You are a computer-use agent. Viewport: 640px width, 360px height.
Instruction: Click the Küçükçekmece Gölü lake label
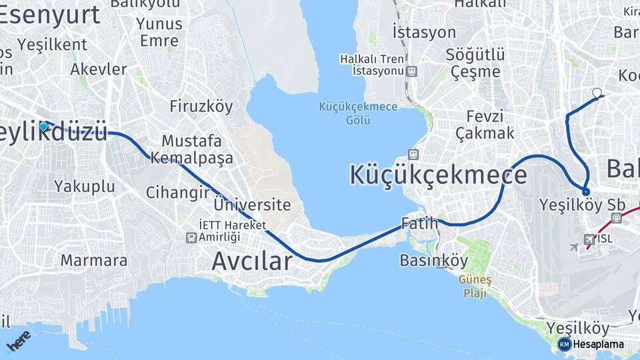(358, 113)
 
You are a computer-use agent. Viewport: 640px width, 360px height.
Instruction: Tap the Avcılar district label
(252, 261)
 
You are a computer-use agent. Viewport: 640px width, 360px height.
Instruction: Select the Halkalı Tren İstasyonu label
(372, 65)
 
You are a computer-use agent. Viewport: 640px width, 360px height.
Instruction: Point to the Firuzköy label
(201, 106)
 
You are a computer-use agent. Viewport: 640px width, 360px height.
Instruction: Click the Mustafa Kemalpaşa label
(192, 150)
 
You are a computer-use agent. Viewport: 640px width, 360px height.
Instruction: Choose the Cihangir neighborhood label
(178, 193)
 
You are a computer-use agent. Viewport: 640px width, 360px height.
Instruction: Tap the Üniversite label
(253, 205)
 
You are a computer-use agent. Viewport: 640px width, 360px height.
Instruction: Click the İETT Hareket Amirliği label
(233, 231)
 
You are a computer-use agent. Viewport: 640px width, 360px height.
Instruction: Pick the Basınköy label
(434, 260)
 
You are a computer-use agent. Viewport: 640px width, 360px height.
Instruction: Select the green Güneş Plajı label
(474, 287)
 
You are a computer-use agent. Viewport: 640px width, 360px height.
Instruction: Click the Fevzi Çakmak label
(485, 124)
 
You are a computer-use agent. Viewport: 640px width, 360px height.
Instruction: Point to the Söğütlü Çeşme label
(475, 62)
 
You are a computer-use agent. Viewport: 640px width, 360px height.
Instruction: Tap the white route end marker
(597, 93)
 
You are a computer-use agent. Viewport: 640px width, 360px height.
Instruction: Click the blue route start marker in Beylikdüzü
(44, 126)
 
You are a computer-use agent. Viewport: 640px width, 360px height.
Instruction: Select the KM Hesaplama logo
(591, 344)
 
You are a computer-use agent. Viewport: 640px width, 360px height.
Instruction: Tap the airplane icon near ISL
(574, 247)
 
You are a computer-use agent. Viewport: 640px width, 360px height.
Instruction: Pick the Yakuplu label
(85, 186)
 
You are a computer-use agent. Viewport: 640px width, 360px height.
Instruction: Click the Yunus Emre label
(159, 32)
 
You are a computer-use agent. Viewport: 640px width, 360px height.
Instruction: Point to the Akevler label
(99, 69)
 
